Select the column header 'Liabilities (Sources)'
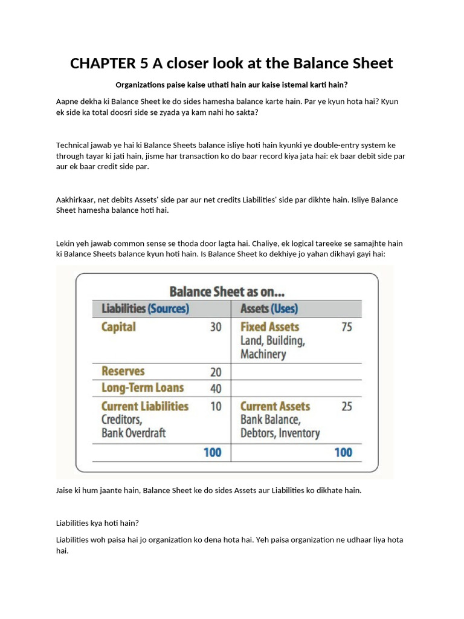(145, 309)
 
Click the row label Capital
(118, 327)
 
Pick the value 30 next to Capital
(215, 327)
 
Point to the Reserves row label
(123, 371)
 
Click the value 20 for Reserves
(215, 372)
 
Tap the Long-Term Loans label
(142, 388)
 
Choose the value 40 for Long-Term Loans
(215, 389)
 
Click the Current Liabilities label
(144, 406)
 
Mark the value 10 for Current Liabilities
(215, 407)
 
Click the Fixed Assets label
(269, 327)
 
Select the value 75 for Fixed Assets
(346, 327)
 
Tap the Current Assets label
(275, 406)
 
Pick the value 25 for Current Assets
(346, 407)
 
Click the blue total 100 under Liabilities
(212, 452)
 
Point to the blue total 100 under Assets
(343, 452)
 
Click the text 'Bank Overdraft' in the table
(134, 433)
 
